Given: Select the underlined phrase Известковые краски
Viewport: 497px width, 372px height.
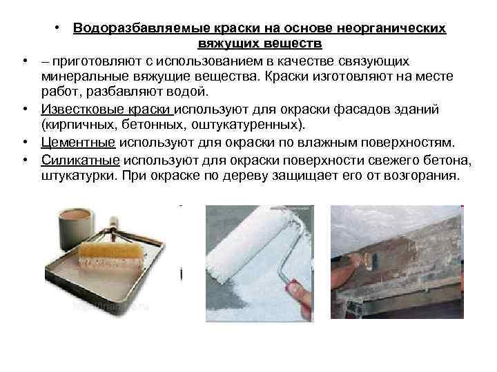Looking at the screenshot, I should pyautogui.click(x=106, y=110).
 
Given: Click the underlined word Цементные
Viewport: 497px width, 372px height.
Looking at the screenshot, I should pyautogui.click(x=78, y=143).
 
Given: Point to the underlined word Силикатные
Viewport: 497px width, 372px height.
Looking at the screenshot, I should pyautogui.click(x=80, y=160).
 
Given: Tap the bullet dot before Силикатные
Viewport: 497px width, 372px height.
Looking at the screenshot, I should pyautogui.click(x=25, y=161).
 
